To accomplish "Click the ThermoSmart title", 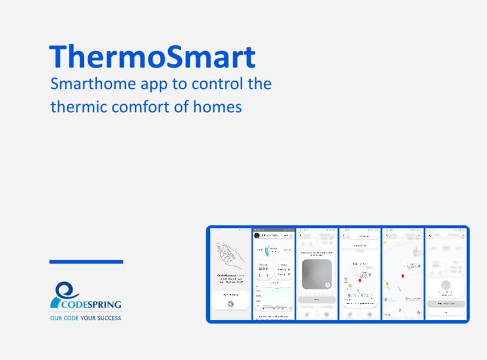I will tap(152, 57).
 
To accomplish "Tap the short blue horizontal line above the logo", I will tap(86, 262).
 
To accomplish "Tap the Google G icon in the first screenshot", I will tap(231, 303).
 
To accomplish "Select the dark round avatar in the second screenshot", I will tap(257, 235).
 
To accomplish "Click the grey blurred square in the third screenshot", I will tap(317, 274).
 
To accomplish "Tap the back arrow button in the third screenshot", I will tap(301, 235).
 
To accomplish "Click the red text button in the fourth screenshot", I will tap(360, 246).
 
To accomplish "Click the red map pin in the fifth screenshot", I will tap(402, 276).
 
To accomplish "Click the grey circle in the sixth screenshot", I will tap(446, 285).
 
